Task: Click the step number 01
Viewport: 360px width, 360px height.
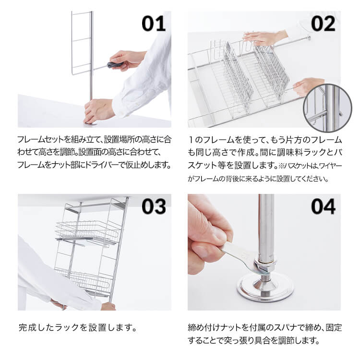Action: (153, 24)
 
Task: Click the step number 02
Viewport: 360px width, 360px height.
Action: (323, 24)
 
